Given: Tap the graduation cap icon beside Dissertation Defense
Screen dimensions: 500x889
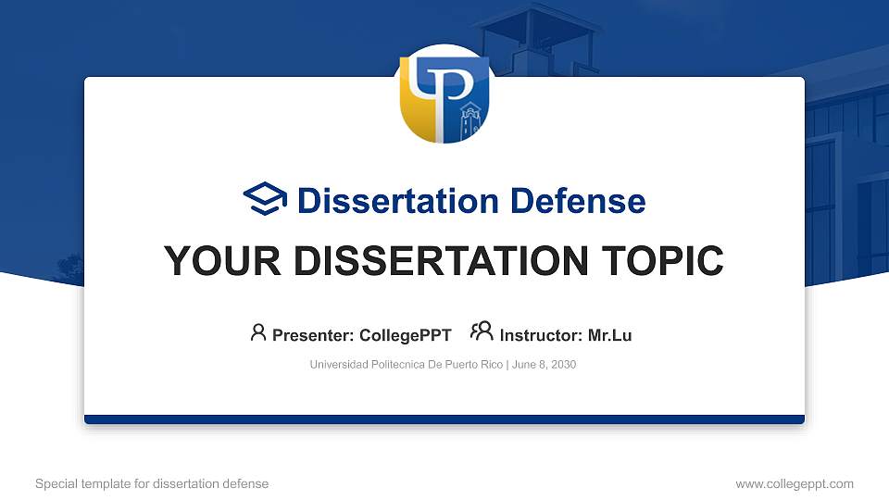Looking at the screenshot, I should point(266,199).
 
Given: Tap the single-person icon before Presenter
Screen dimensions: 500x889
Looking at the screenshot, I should point(258,333).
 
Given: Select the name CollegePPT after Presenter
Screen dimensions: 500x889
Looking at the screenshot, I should point(407,335).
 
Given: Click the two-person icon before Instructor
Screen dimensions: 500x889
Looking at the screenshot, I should point(482,331).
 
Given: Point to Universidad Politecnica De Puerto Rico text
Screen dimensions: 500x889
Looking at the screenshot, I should point(407,365).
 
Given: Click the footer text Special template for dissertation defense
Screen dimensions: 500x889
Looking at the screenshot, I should point(152,483).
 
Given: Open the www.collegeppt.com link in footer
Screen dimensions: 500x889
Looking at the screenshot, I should point(795,483).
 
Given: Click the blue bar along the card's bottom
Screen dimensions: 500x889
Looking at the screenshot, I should point(444,419).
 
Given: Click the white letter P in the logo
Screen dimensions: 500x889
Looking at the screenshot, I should point(453,93).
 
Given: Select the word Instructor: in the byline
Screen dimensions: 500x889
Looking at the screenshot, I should point(542,335).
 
